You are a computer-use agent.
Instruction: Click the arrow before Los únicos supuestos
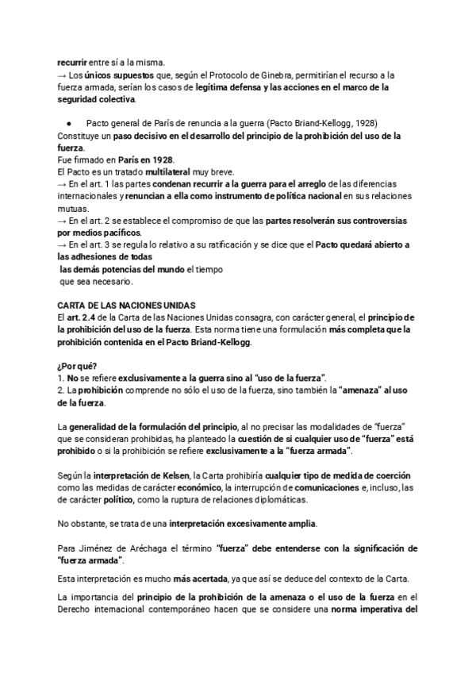coord(63,73)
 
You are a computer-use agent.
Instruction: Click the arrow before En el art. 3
coord(63,245)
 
